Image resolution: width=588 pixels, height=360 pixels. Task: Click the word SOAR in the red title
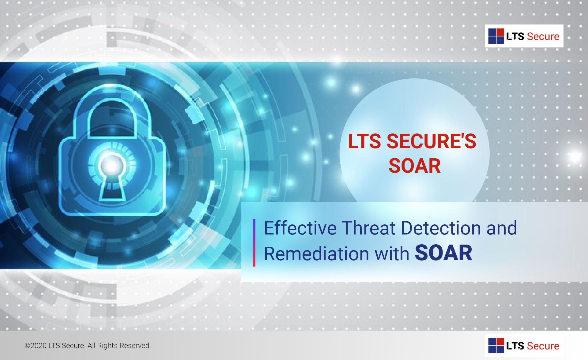415,166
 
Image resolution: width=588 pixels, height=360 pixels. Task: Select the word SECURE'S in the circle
432,141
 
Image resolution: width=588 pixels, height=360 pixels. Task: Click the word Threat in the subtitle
369,228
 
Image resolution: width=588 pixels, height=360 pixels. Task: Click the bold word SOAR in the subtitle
443,253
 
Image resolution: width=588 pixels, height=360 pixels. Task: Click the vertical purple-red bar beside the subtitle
254,243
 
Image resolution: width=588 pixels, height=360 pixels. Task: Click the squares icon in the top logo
496,36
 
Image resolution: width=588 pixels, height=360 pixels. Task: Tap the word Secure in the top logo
543,36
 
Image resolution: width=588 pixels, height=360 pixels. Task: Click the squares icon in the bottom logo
496,346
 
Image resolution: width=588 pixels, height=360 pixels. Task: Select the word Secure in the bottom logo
543,346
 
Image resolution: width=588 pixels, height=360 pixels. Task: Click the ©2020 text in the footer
36,346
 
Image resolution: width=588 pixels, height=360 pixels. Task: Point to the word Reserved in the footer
135,346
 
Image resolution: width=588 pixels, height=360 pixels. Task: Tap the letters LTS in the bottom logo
515,346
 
